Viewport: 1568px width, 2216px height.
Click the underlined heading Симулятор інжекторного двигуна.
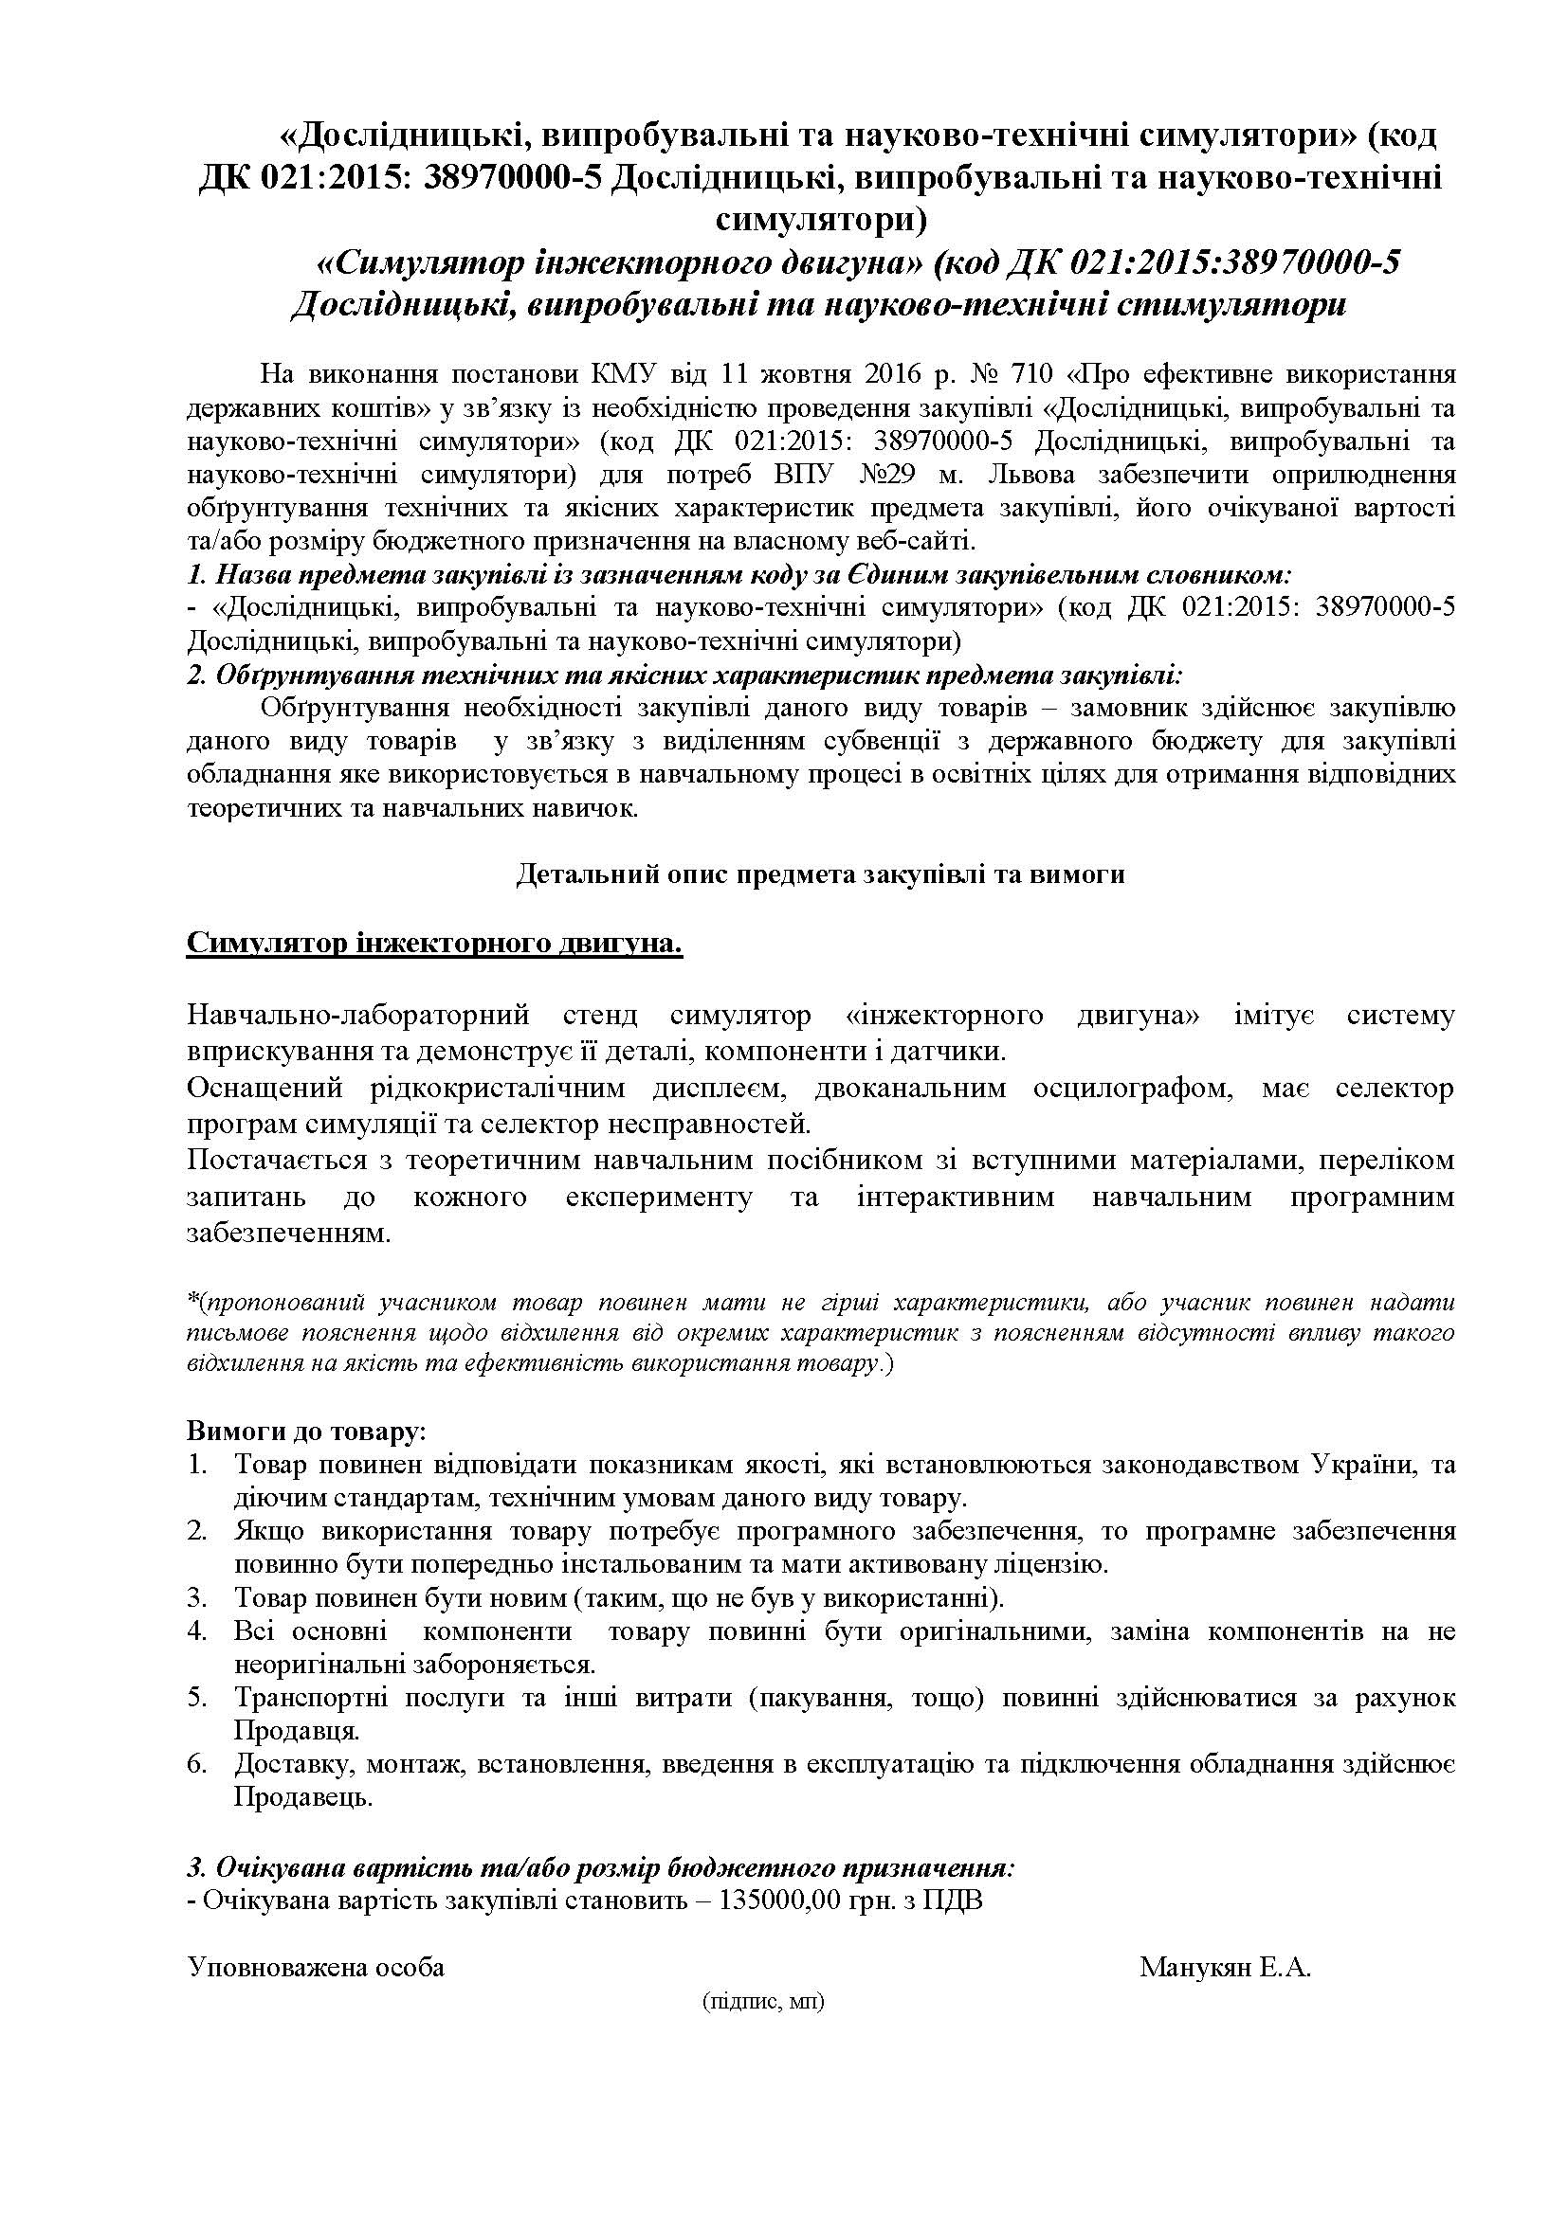(x=434, y=943)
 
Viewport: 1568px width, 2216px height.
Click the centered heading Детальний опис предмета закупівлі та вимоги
(x=821, y=874)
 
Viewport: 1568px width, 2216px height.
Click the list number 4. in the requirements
(x=198, y=1631)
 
